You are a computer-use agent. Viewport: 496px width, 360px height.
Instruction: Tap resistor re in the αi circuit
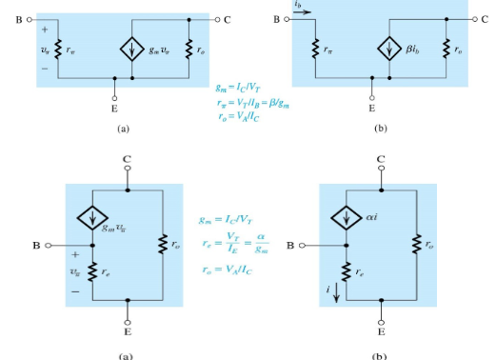[347, 270]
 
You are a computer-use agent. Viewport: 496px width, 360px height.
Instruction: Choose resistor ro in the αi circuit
[417, 246]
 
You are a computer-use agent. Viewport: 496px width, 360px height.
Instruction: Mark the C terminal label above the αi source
[382, 158]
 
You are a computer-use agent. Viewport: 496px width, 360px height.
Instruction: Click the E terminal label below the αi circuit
[382, 333]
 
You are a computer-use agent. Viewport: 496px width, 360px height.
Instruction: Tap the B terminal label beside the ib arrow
[277, 17]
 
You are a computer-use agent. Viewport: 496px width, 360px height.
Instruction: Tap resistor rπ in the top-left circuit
[58, 48]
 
